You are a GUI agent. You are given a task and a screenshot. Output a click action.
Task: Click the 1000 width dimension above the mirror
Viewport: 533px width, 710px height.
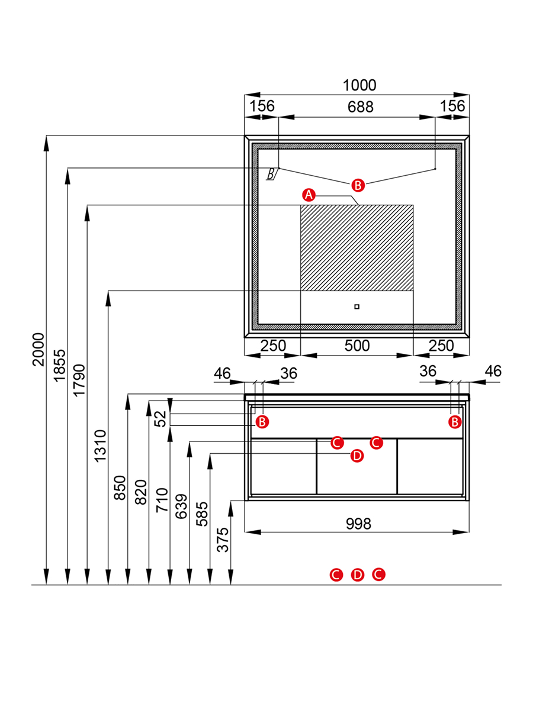point(359,86)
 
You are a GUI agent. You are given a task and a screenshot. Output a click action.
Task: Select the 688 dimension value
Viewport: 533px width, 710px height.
point(359,107)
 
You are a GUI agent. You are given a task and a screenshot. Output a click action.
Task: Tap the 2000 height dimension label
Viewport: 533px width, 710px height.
point(38,349)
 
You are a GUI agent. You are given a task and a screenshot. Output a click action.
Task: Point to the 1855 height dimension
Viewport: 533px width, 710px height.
point(59,366)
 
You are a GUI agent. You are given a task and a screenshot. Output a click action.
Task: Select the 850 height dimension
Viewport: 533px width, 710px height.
point(120,488)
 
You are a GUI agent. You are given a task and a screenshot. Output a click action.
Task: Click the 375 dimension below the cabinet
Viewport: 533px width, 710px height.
point(223,540)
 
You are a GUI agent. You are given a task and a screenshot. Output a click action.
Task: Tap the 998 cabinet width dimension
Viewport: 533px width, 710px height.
point(358,524)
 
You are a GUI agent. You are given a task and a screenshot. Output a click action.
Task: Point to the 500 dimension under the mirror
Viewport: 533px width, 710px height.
point(357,346)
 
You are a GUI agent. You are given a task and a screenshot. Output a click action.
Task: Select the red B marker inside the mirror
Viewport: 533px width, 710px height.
point(357,185)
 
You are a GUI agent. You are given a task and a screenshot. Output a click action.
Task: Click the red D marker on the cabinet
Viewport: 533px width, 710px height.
point(357,456)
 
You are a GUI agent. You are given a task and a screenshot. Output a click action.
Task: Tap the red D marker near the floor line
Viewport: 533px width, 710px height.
point(357,575)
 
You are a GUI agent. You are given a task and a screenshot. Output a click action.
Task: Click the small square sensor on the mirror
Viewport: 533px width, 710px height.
point(357,306)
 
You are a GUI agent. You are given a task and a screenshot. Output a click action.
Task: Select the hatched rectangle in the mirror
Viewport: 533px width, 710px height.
point(357,247)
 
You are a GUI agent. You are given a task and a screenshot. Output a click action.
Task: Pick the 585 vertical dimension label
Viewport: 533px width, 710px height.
point(202,514)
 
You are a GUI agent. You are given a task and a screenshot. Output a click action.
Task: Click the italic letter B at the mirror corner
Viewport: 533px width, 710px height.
point(271,174)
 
